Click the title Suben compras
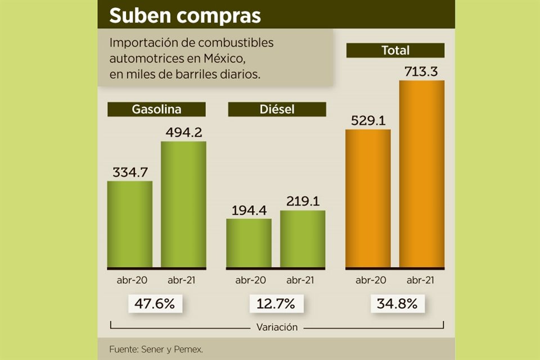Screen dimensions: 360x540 pyautogui.click(x=185, y=16)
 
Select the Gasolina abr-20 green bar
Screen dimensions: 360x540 pyautogui.click(x=130, y=224)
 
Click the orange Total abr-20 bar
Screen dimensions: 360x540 pyautogui.click(x=368, y=198)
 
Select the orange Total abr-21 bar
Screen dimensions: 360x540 pyautogui.click(x=422, y=174)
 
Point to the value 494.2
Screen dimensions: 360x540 pyautogui.click(x=184, y=132)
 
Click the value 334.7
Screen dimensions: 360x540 pyautogui.click(x=130, y=172)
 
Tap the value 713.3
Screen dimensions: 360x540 pyautogui.click(x=422, y=71)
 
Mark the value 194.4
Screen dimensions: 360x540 pyautogui.click(x=249, y=210)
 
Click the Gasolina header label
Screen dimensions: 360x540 pyautogui.click(x=156, y=109)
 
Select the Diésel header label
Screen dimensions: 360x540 pyautogui.click(x=277, y=109)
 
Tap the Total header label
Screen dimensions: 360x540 pyautogui.click(x=395, y=50)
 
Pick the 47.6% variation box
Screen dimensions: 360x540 pyautogui.click(x=155, y=304)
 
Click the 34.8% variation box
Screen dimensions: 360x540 pyautogui.click(x=398, y=304)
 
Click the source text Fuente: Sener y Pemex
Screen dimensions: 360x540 pyautogui.click(x=156, y=349)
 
